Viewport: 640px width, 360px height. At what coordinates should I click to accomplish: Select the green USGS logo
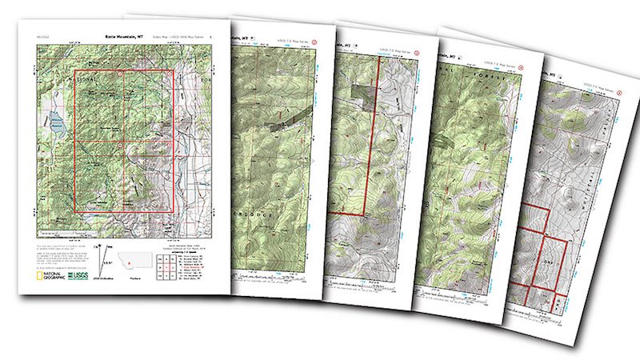click(78, 277)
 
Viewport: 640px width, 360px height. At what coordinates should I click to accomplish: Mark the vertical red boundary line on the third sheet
click(365, 160)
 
